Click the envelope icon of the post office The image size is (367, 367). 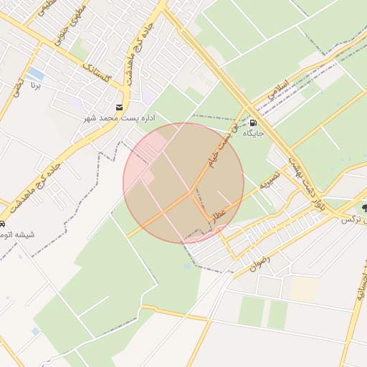(x=109, y=107)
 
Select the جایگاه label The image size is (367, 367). (x=254, y=133)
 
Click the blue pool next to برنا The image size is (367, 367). (x=34, y=74)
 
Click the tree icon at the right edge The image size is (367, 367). (x=365, y=207)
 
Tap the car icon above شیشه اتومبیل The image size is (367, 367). (x=3, y=224)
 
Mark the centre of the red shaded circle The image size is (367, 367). (x=183, y=183)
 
